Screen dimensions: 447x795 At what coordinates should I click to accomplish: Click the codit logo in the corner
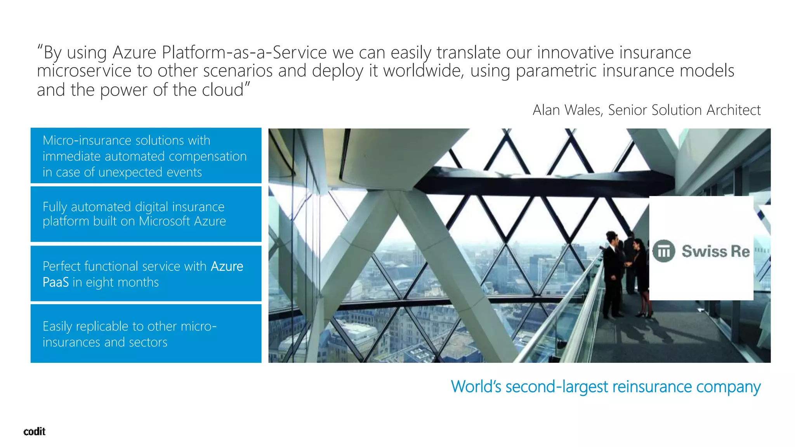pos(34,431)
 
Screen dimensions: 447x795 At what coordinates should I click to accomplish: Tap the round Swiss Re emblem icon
pos(663,251)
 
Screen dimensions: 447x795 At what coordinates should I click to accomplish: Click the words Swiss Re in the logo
pos(715,251)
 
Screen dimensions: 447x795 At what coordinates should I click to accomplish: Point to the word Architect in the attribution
pos(733,110)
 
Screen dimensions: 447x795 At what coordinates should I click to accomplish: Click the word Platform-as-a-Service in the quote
pos(244,52)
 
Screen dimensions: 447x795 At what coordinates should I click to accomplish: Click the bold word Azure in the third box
pos(227,267)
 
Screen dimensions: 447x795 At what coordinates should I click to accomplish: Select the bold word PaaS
pos(56,282)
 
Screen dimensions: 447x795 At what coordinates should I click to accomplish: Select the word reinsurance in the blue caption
pos(652,387)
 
